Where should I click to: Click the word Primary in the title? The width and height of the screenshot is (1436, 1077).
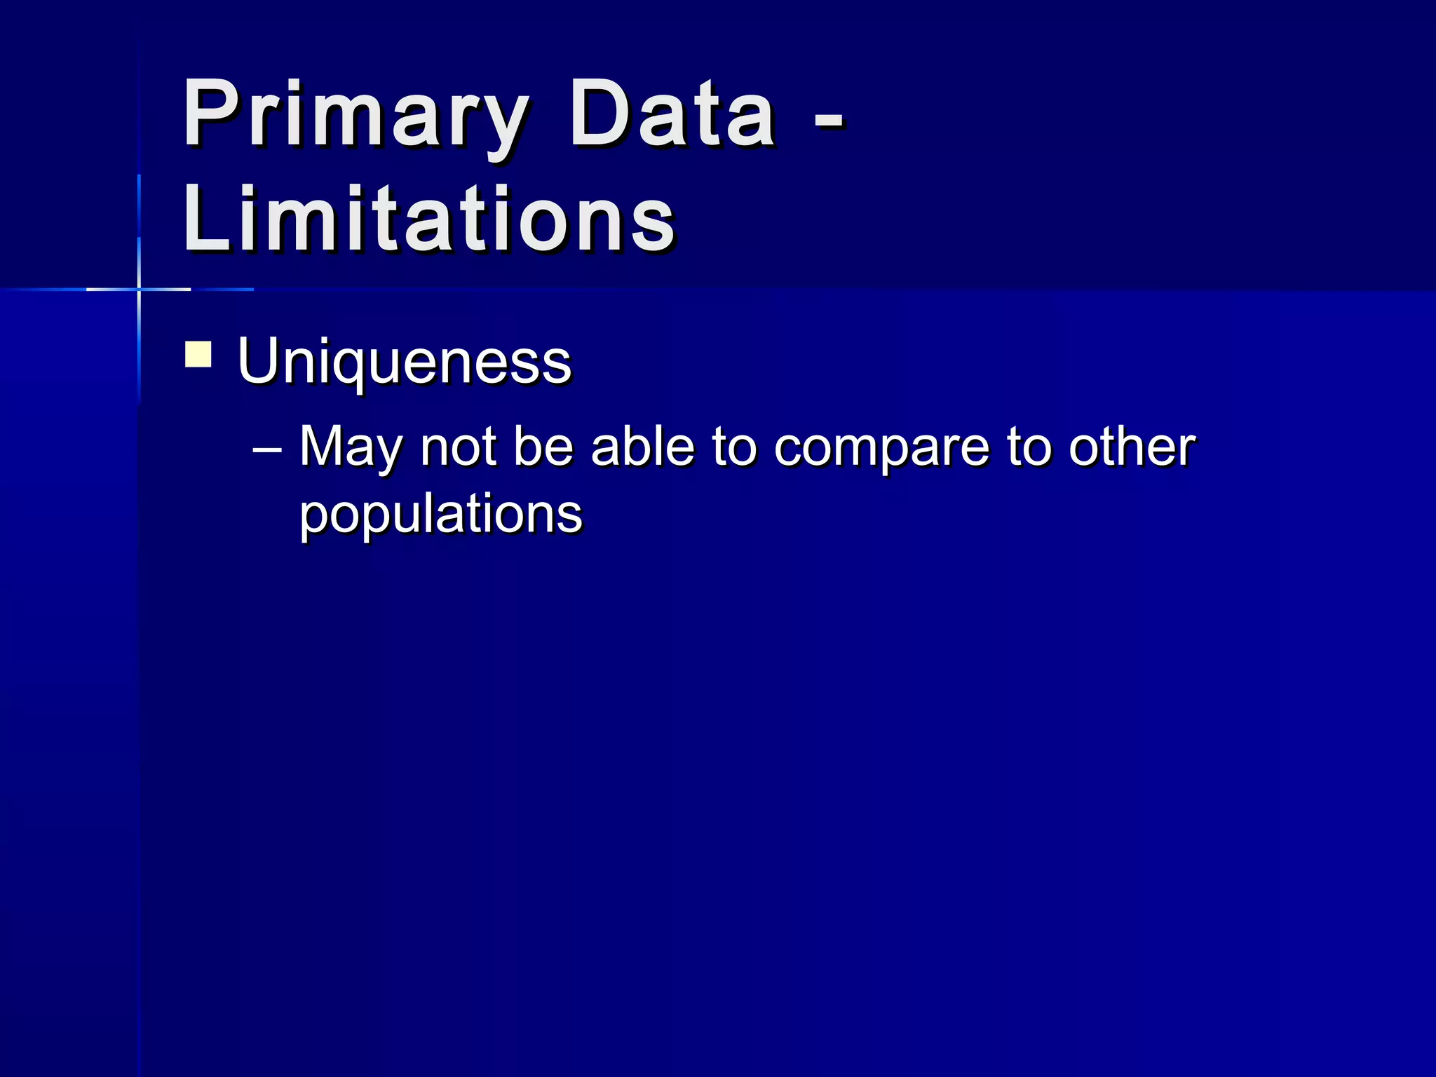pos(354,116)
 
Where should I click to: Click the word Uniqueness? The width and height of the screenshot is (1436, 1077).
pos(405,362)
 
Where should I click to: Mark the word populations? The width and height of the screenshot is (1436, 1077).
pos(441,515)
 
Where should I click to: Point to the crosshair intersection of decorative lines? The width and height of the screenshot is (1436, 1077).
pos(139,289)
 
